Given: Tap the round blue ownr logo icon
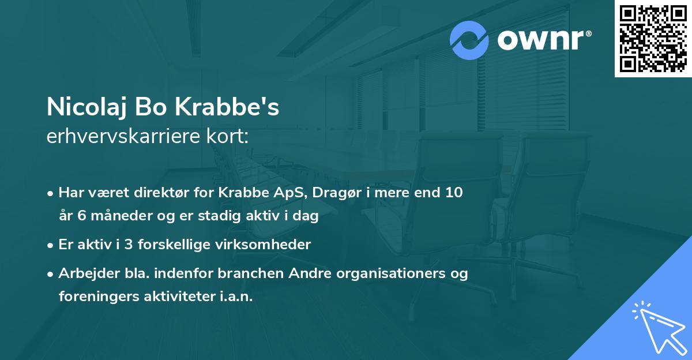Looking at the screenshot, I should coord(470,40).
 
